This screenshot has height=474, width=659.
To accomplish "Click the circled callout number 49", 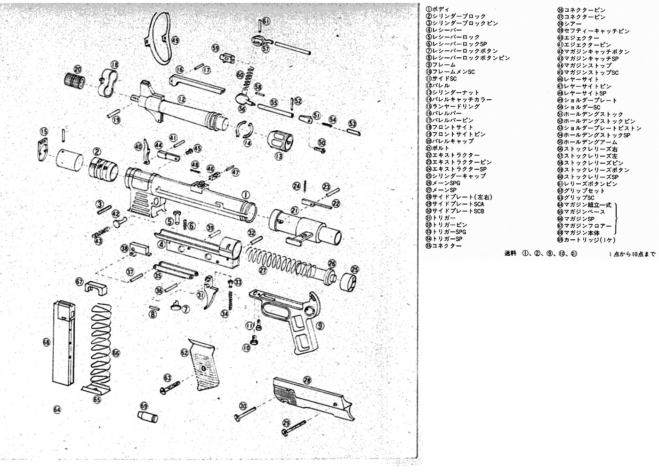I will tap(175, 41).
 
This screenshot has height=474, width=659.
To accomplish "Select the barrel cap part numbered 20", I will tap(73, 81).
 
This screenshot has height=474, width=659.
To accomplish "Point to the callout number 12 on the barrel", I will tap(182, 99).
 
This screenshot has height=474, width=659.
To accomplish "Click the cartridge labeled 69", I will tap(147, 417).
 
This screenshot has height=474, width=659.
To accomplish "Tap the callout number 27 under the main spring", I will tap(263, 270).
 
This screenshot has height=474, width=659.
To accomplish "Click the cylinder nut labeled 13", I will tap(280, 139).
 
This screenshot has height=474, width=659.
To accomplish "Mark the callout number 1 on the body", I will tap(245, 194).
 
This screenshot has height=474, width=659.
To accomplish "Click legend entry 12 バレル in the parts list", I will tap(440, 86).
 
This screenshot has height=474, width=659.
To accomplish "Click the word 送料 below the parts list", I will tap(510, 254).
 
